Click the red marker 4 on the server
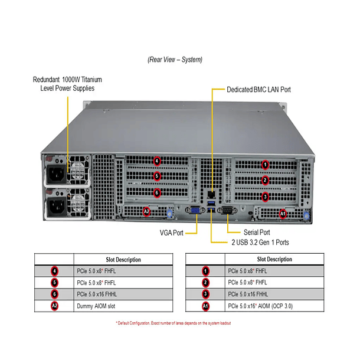(156, 161)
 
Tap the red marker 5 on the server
(156, 176)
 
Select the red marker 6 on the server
(156, 192)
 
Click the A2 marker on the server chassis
(147, 211)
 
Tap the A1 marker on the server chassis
(282, 214)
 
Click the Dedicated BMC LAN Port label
(258, 90)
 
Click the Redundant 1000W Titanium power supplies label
(63, 83)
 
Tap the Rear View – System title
(175, 60)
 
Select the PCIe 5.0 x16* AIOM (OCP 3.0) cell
(260, 306)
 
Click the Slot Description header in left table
(124, 260)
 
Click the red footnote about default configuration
(173, 323)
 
